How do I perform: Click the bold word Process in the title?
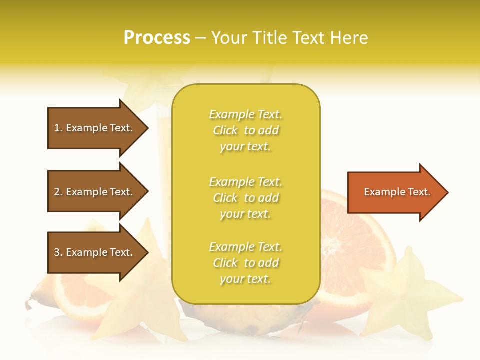(157, 38)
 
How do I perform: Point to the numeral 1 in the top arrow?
(57, 128)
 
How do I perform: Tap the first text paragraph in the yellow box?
(245, 130)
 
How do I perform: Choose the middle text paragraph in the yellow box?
(245, 198)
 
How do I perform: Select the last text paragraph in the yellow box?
(245, 263)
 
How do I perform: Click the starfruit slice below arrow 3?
(145, 300)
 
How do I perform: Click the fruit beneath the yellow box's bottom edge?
(245, 317)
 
